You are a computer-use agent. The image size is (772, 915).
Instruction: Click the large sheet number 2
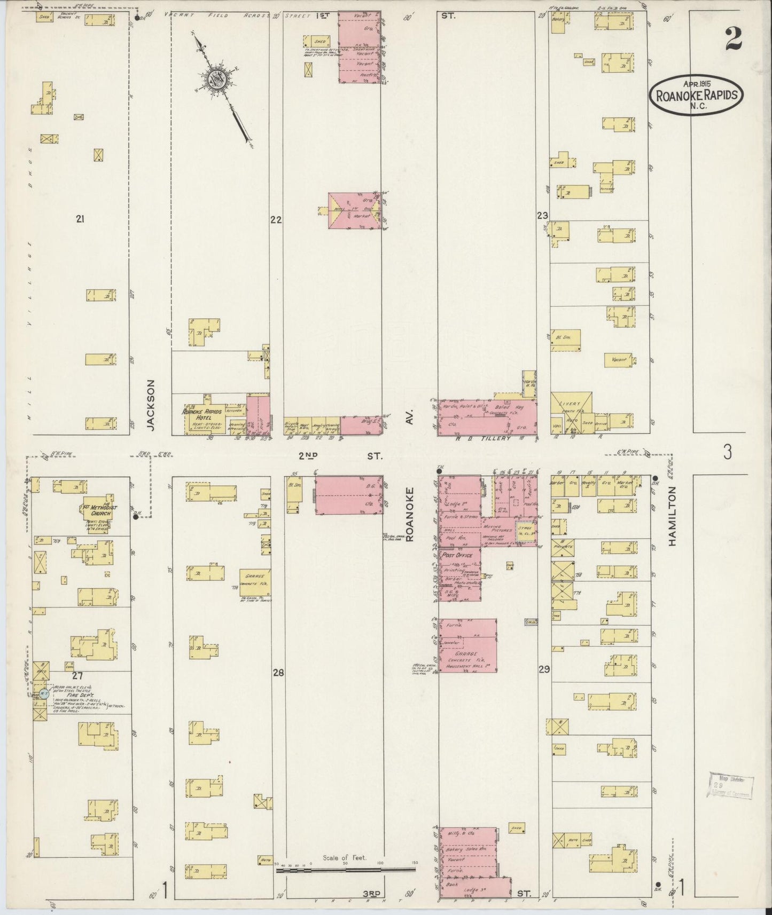coord(734,38)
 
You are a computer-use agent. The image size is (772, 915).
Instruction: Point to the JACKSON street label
coord(151,405)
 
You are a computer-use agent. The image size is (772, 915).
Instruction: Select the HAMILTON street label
coord(672,516)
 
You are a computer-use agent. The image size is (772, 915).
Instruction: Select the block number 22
coord(276,219)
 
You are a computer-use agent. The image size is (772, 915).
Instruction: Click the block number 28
coord(278,673)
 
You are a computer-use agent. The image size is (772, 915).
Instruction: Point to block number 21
coord(80,218)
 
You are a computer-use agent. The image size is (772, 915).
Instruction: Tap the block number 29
coord(544,669)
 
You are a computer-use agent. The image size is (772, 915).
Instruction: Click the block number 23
coord(543,216)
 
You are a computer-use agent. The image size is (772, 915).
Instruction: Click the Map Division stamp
coord(730,786)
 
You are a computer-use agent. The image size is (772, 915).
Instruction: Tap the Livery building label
coord(571,404)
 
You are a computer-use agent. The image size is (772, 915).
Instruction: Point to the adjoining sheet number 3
coord(727,453)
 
